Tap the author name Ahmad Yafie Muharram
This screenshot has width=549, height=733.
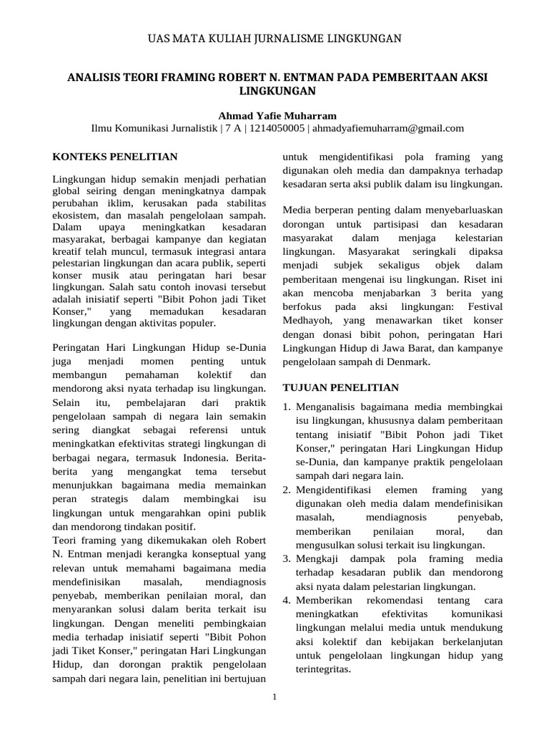(275, 115)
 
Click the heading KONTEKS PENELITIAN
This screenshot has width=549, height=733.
(116, 155)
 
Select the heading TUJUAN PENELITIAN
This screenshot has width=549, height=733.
(341, 387)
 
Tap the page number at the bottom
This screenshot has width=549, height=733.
(274, 697)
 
